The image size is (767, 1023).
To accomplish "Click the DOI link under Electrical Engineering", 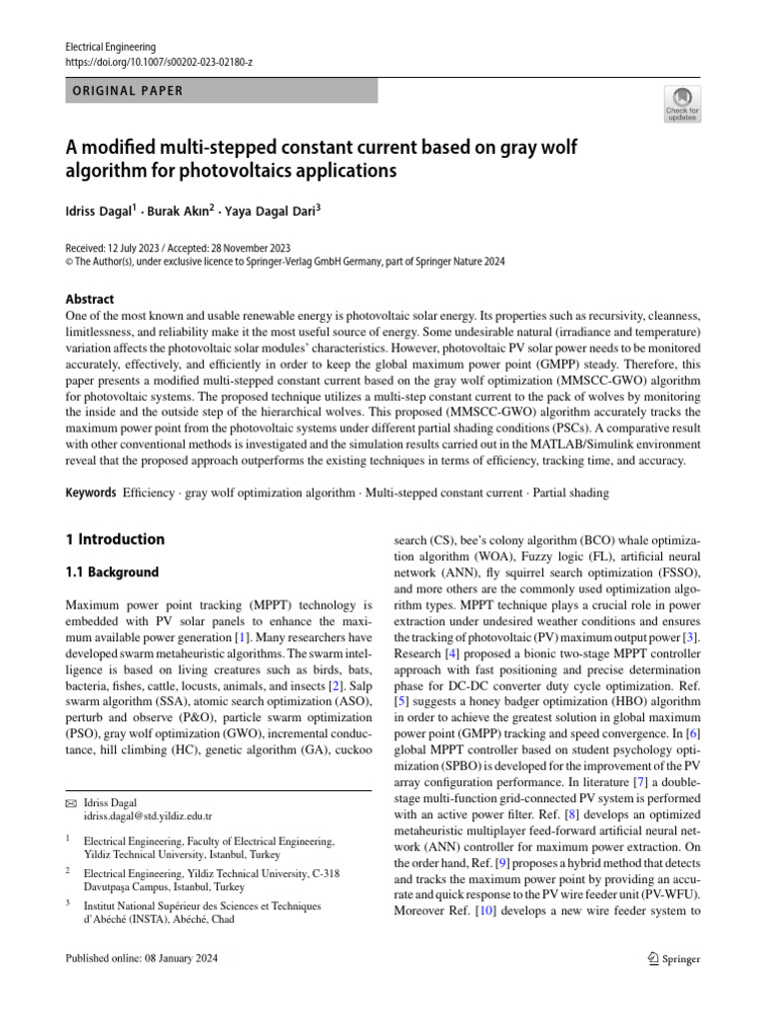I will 158,62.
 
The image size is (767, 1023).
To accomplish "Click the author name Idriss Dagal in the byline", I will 100,213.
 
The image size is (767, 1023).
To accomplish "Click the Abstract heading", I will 90,299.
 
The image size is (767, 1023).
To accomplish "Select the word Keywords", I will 91,494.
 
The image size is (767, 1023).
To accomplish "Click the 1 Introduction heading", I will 115,539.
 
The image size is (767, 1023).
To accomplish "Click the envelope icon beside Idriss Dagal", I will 70,802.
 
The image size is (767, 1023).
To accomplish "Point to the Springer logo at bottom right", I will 673,958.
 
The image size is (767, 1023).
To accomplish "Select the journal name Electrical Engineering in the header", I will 110,47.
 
